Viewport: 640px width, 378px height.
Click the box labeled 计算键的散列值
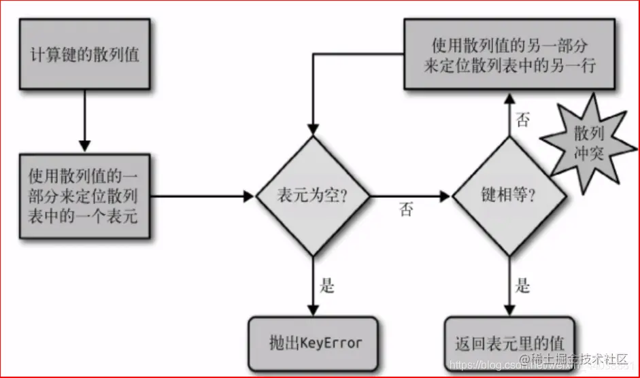[x=84, y=54]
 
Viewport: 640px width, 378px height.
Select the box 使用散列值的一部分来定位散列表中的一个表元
[x=84, y=196]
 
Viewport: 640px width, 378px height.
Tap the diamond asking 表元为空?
[x=312, y=196]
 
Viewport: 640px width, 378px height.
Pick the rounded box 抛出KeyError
[x=313, y=342]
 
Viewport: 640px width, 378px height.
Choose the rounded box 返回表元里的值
[x=509, y=343]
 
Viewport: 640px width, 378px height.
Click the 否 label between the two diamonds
[x=406, y=210]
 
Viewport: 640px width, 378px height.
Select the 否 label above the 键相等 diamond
[x=523, y=120]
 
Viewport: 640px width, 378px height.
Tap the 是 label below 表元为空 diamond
[x=328, y=286]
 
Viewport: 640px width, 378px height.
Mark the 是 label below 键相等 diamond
[x=522, y=286]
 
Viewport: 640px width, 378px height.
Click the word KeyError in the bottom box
[x=331, y=343]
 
